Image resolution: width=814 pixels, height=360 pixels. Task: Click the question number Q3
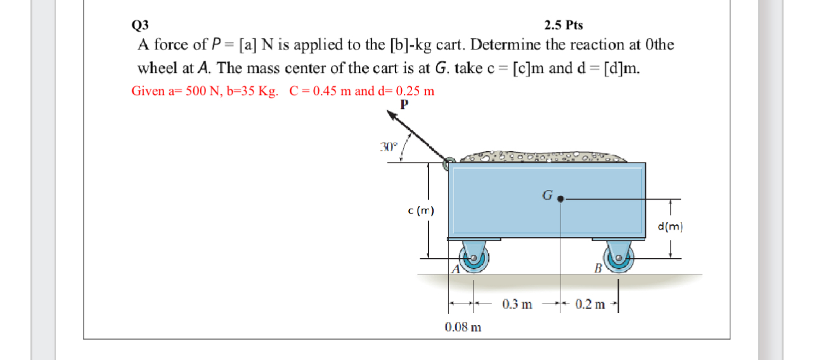139,25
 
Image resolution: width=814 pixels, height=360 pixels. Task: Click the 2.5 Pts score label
564,25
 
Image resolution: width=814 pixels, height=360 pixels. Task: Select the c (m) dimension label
422,210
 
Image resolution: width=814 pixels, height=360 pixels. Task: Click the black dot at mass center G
560,198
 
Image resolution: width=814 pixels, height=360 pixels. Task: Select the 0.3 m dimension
517,304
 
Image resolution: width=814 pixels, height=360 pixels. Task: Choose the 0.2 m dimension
591,304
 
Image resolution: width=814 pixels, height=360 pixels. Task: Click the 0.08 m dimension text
463,328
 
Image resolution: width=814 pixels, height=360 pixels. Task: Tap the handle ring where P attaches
448,165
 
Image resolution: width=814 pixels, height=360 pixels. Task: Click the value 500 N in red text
201,91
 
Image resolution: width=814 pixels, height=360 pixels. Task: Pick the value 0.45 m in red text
328,91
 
